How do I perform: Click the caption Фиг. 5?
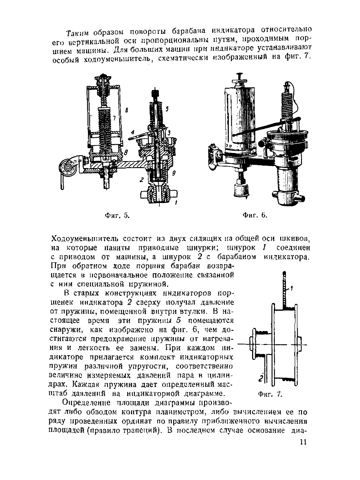117,216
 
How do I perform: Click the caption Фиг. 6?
256,216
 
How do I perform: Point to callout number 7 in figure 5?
114,119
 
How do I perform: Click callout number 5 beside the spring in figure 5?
167,108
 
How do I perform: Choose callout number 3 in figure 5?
170,132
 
